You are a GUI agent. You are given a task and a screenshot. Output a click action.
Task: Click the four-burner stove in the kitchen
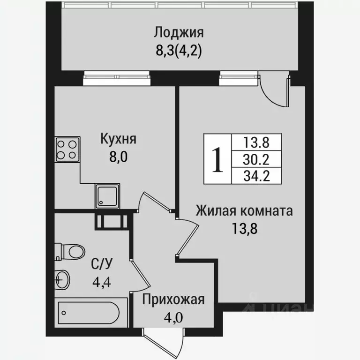[x=67, y=149]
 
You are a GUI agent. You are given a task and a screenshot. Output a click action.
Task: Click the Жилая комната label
[x=244, y=210]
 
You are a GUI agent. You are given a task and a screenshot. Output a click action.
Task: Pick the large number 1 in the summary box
[x=217, y=159]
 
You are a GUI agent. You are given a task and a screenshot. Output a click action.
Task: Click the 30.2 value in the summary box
[x=256, y=159]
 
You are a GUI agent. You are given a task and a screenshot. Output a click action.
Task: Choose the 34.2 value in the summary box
[x=256, y=176]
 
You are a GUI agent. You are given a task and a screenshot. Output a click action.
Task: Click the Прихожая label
[x=173, y=300]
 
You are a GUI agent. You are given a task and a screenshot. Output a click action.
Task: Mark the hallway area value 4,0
[x=173, y=317]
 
